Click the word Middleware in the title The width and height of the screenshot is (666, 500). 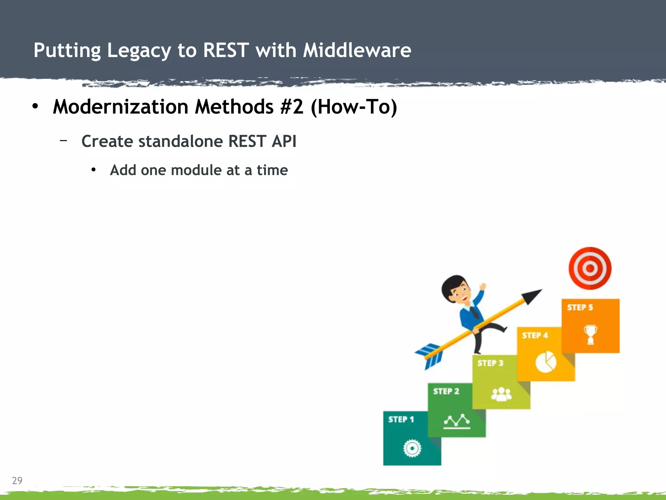click(357, 50)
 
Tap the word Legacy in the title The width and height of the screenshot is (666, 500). click(139, 51)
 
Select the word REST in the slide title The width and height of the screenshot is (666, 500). click(226, 50)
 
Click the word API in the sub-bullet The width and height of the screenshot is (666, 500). click(284, 141)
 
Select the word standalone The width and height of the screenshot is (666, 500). click(180, 141)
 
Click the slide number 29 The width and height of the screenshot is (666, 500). click(17, 480)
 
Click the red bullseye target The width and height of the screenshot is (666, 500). click(590, 268)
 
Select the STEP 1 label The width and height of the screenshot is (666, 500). click(401, 419)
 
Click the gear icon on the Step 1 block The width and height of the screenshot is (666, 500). click(412, 449)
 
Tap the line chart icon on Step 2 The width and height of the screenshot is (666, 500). click(457, 421)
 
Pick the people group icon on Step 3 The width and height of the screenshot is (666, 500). click(501, 394)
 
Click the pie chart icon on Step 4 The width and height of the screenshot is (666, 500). click(546, 362)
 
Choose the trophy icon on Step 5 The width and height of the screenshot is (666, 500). click(590, 334)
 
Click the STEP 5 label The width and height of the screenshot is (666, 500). click(580, 307)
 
